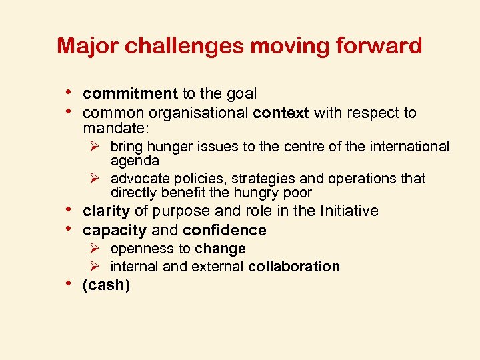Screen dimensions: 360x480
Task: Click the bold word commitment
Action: coord(130,95)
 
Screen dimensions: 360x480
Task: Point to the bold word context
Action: coord(281,113)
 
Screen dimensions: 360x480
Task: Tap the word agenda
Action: coord(135,161)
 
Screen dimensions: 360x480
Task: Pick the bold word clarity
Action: coord(106,211)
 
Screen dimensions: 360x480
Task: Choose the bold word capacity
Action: coord(114,231)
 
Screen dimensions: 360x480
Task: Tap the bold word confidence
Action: coord(224,231)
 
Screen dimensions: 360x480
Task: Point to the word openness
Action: coord(139,249)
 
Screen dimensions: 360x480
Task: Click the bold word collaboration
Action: coord(294,267)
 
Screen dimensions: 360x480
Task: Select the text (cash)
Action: coord(106,286)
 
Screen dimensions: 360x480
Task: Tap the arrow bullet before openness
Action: coord(97,249)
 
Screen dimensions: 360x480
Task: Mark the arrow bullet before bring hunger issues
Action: coord(97,146)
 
